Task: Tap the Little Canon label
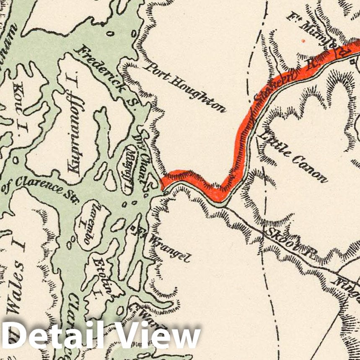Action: click(294, 155)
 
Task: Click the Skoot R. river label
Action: click(289, 241)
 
